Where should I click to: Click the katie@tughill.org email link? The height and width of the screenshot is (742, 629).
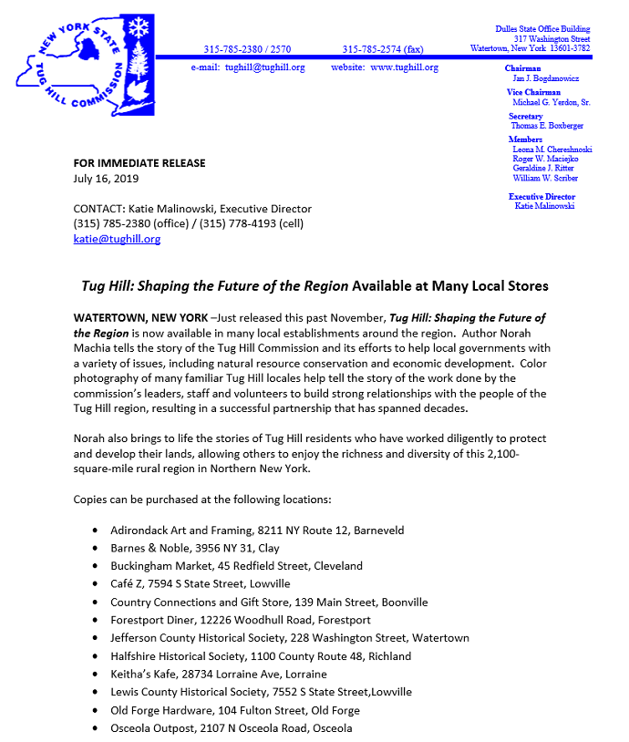coord(117,239)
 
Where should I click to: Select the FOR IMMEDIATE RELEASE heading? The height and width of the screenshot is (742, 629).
coord(139,163)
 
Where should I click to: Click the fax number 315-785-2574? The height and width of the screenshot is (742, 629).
coord(383,49)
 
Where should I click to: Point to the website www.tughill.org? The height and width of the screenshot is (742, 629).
coord(385,67)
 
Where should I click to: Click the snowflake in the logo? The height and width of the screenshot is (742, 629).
coord(139,27)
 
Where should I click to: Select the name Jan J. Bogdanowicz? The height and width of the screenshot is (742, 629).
coord(545,79)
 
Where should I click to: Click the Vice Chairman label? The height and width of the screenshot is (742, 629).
coord(533,92)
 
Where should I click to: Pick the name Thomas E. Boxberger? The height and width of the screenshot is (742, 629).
coord(548,126)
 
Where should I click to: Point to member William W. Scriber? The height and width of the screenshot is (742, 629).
coord(545,178)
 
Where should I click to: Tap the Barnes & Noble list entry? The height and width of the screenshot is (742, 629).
coord(195,549)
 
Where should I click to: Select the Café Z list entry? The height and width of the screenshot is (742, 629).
coord(200,583)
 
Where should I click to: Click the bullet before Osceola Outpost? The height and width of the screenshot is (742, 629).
coord(97,729)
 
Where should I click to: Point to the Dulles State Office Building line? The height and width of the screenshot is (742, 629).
coord(542,29)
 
